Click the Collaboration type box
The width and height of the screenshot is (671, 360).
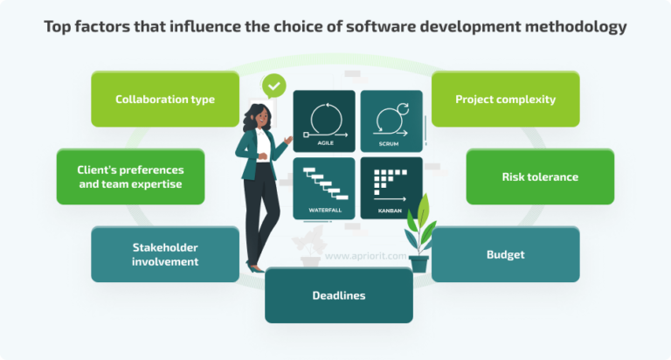point(165,99)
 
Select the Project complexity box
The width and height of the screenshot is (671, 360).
point(505,99)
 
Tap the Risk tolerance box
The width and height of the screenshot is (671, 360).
point(539,177)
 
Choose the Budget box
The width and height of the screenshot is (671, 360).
point(505,254)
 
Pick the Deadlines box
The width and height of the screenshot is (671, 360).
point(338,295)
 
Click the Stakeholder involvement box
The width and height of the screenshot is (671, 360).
point(165,254)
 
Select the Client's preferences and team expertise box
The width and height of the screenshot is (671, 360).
point(131,177)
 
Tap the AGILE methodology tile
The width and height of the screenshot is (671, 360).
point(324,121)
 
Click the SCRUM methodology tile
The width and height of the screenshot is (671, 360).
point(391,121)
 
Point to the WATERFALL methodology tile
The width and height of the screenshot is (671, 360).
point(324,187)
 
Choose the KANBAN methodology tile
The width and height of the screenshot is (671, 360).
point(391,187)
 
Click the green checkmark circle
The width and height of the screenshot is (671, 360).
point(274,86)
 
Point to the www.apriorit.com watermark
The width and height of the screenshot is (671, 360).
point(355,257)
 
